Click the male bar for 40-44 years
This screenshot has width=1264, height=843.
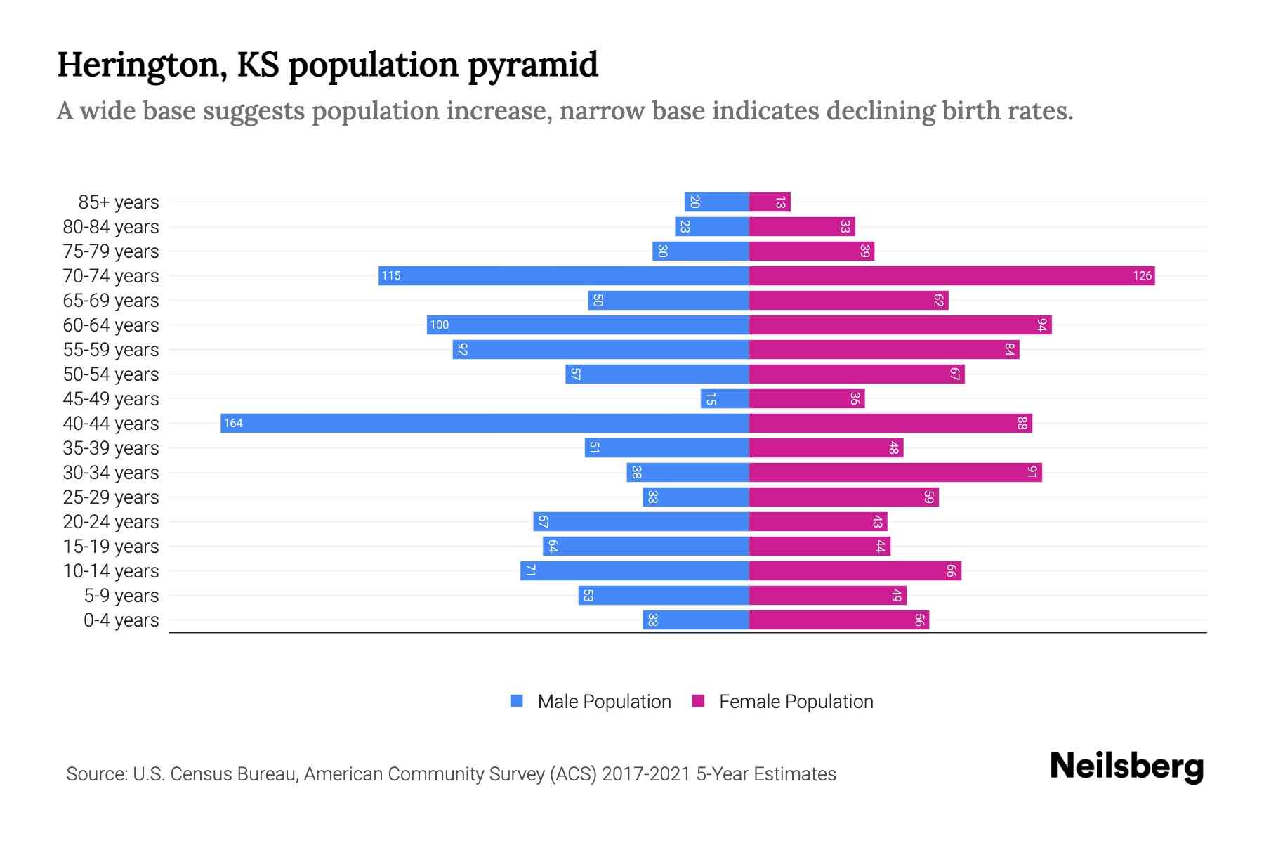click(x=485, y=423)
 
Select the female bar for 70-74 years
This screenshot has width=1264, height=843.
click(x=952, y=275)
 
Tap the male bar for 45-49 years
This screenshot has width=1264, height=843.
click(x=725, y=398)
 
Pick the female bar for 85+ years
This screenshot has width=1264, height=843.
click(x=770, y=202)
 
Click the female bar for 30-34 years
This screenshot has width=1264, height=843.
click(x=895, y=472)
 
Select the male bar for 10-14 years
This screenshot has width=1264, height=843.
click(x=634, y=570)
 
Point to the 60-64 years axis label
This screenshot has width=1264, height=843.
click(x=111, y=325)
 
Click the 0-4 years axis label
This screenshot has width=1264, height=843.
click(x=121, y=620)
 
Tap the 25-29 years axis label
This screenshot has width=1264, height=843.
click(x=111, y=497)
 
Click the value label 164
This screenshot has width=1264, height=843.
click(x=233, y=423)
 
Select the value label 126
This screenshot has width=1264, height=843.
click(x=1142, y=275)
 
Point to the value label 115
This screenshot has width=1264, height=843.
click(x=391, y=275)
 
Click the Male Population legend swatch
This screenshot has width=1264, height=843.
click(x=517, y=701)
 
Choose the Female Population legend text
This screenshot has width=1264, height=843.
click(x=796, y=701)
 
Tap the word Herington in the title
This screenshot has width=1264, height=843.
click(x=141, y=65)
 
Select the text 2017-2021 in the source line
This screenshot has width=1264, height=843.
click(x=645, y=774)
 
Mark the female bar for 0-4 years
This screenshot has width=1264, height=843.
click(x=838, y=620)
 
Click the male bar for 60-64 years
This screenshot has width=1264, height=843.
click(x=587, y=325)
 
